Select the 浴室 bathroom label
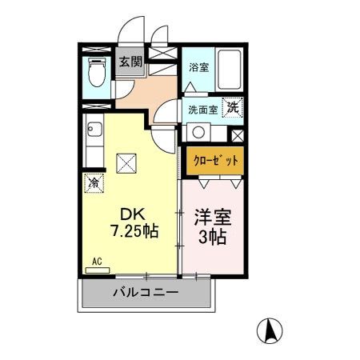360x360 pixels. pos(198,68)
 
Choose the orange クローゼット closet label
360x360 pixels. pos(215,159)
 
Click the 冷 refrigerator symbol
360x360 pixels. pos(93,182)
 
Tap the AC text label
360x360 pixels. pos(95,261)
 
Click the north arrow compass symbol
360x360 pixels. pos(270,329)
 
